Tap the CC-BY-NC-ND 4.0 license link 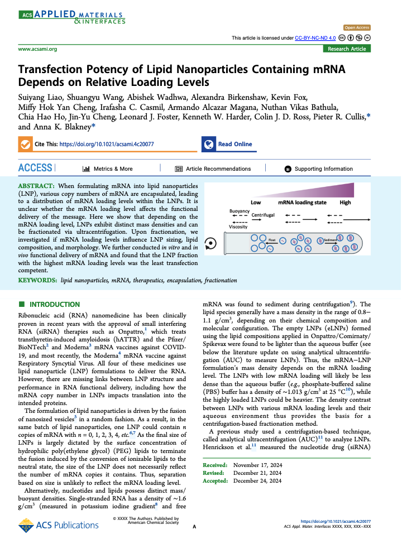[315, 37]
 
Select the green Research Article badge [347, 49]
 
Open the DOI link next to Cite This [107, 144]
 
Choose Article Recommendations [218, 169]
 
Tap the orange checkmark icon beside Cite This [25, 144]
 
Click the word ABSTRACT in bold [37, 184]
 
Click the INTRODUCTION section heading [54, 305]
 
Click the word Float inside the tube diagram [272, 239]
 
